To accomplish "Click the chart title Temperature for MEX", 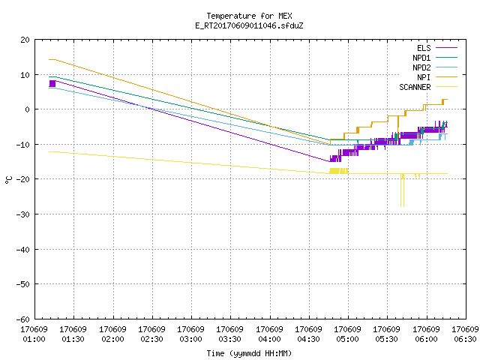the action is pos(249,16).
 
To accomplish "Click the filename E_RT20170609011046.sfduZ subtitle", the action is pos(249,25).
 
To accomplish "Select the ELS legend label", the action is pos(424,48).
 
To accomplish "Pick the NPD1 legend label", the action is pos(421,58).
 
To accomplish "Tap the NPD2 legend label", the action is pos(421,67).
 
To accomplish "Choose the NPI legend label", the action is pos(424,77).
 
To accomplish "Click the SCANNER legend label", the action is pos(415,87).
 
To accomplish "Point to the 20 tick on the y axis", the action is pos(25,40).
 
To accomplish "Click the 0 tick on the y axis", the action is pos(28,109).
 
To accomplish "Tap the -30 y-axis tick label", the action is pos(23,214).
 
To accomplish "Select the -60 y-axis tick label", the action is pos(23,319).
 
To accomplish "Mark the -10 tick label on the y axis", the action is pos(23,145).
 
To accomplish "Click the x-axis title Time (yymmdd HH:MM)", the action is pos(249,353).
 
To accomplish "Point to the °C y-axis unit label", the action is pos(8,180).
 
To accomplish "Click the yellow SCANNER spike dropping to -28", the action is pos(402,190).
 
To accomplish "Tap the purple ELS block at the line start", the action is pos(52,83).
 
